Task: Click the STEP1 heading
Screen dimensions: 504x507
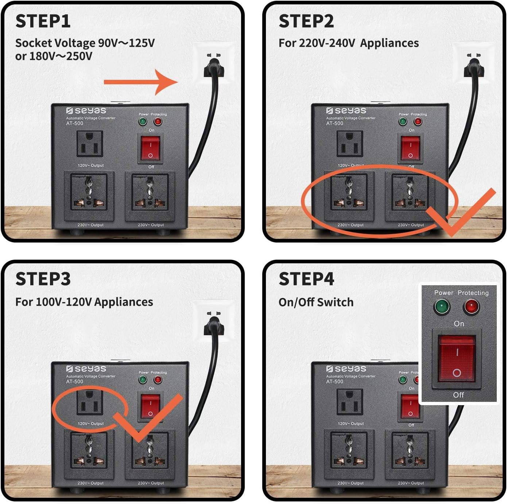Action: click(x=43, y=21)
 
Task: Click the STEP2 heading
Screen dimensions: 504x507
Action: click(x=306, y=21)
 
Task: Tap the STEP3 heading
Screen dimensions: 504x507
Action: click(x=43, y=279)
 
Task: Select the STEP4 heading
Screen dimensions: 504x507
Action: click(x=306, y=279)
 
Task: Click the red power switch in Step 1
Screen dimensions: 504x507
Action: click(x=151, y=149)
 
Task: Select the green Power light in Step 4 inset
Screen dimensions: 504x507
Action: click(x=442, y=306)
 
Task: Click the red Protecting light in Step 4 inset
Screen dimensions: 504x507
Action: click(x=471, y=306)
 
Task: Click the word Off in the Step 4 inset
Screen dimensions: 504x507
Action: click(x=458, y=395)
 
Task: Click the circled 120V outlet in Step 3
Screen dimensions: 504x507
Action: click(x=89, y=402)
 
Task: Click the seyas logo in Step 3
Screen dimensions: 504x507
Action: click(x=86, y=369)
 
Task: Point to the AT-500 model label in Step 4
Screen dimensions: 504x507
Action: click(x=334, y=381)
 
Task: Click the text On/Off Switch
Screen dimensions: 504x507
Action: click(x=316, y=302)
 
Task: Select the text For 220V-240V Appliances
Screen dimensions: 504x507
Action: click(x=348, y=43)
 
